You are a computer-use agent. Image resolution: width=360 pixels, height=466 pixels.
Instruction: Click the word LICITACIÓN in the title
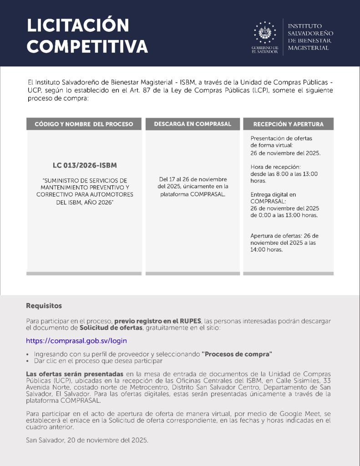[78, 25]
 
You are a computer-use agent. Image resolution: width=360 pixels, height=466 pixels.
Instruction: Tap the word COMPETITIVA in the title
[87, 47]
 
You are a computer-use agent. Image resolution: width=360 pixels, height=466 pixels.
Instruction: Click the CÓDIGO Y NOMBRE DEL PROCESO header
[84, 124]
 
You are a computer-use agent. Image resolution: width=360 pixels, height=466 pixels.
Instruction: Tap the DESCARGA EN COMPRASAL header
[193, 124]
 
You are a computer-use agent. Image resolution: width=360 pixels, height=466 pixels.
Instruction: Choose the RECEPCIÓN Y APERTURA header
[288, 124]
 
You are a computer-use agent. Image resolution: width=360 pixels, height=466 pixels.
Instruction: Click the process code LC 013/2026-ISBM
[84, 165]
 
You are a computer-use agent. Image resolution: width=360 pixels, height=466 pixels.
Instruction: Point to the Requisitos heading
[44, 305]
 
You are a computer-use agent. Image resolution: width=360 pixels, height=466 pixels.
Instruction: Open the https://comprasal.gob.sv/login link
[76, 340]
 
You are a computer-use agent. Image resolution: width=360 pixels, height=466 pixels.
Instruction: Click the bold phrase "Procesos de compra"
[237, 354]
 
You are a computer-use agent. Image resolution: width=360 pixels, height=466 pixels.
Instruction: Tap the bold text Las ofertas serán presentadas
[75, 374]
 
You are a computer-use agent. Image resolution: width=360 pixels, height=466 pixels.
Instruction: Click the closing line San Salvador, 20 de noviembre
[87, 441]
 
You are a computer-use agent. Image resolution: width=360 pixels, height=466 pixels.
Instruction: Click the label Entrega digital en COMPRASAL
[273, 198]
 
